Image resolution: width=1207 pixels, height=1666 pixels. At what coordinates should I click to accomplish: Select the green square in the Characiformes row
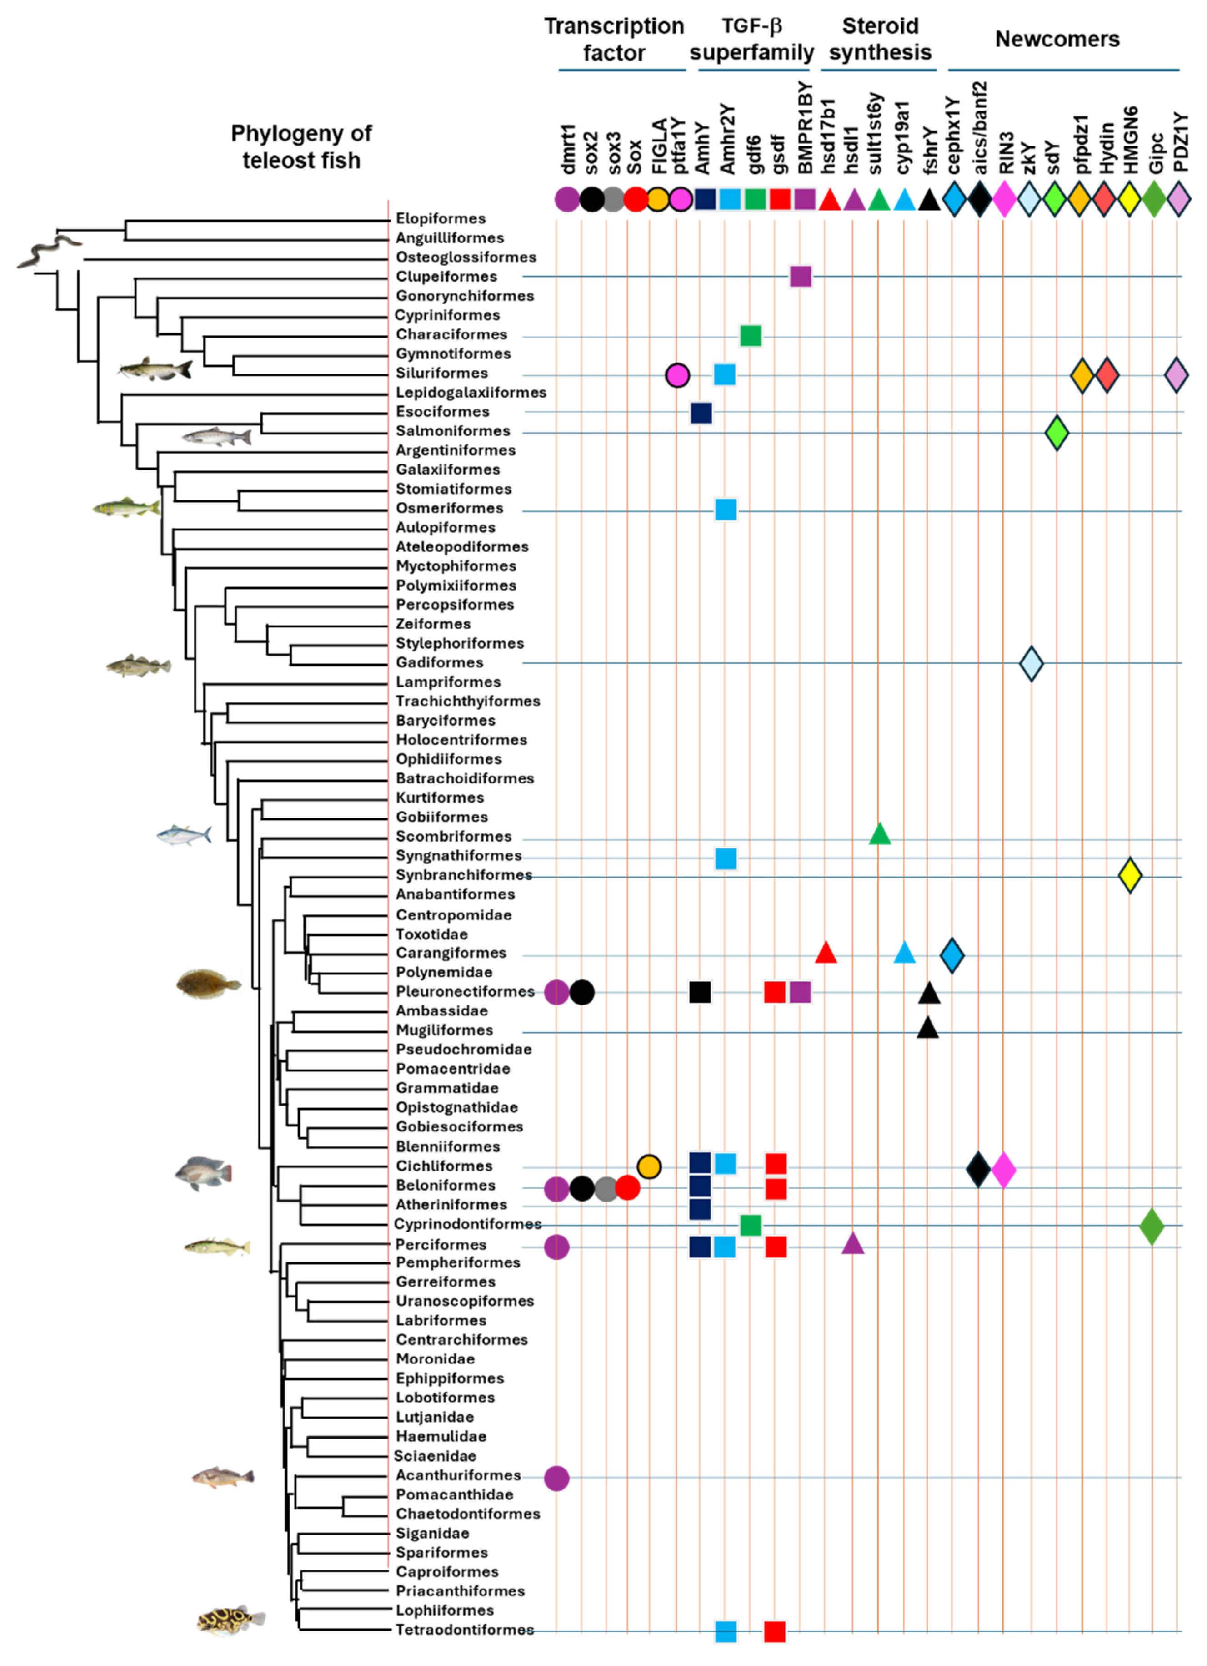click(x=750, y=336)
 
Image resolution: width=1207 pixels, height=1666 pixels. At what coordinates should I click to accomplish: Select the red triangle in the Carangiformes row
click(x=826, y=953)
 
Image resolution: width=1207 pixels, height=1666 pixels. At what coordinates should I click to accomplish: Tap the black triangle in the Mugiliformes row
click(x=928, y=1028)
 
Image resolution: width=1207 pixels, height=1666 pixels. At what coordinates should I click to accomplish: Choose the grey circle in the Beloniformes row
click(x=606, y=1188)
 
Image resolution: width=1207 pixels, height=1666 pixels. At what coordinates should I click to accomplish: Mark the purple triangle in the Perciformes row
click(x=852, y=1244)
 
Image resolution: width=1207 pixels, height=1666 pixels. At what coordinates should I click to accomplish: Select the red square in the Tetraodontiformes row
click(x=775, y=1631)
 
